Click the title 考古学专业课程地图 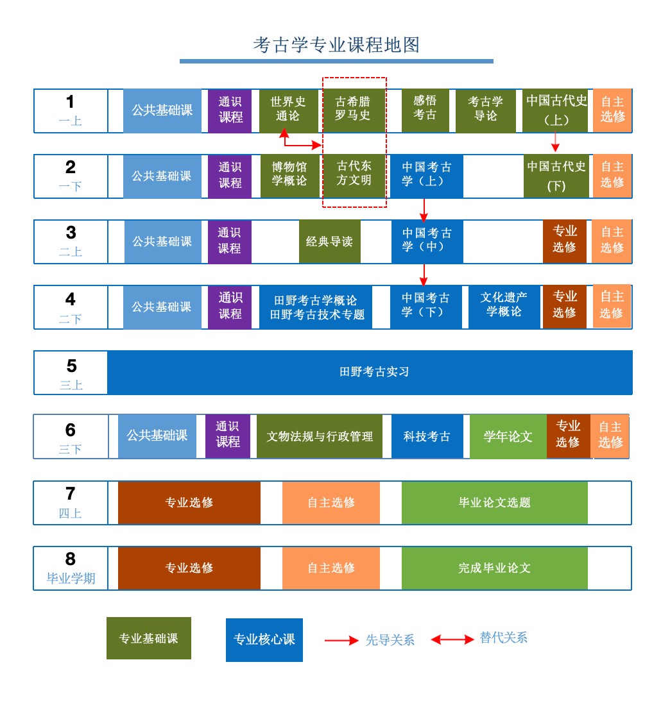(x=336, y=45)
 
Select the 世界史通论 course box (x=288, y=111)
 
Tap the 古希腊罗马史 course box (x=353, y=110)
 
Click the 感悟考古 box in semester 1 (x=425, y=111)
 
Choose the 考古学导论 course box (x=485, y=111)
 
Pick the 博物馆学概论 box (x=289, y=176)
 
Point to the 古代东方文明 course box (x=354, y=176)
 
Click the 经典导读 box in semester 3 (x=329, y=242)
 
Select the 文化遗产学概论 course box (x=504, y=307)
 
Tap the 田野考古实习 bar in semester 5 (x=370, y=372)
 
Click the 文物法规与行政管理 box (x=320, y=437)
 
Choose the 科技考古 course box (x=427, y=437)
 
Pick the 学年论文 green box (x=508, y=437)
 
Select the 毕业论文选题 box (x=494, y=502)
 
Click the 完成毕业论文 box (x=494, y=568)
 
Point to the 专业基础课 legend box (x=148, y=638)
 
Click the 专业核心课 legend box (x=264, y=639)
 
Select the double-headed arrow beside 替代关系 (x=452, y=639)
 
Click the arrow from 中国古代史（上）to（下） (x=556, y=142)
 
